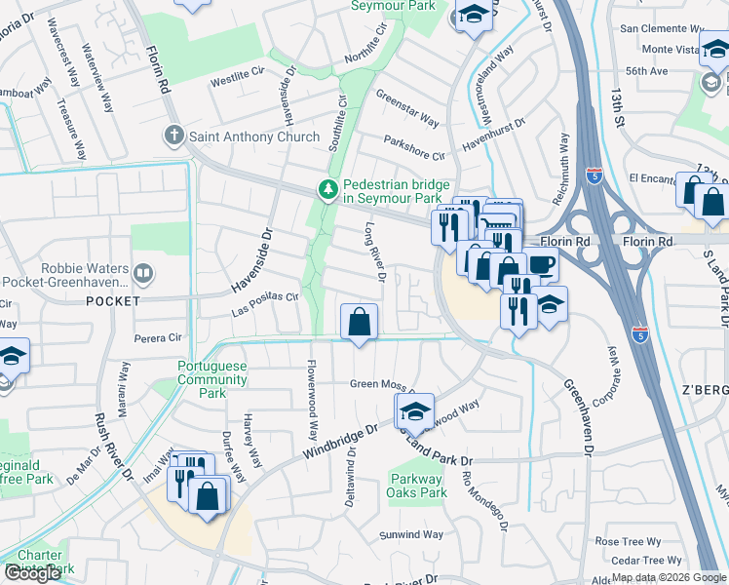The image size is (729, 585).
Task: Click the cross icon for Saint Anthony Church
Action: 174,136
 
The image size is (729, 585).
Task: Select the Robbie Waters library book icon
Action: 143,273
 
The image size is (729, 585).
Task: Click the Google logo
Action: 32,573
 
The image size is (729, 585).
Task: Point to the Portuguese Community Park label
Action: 201,379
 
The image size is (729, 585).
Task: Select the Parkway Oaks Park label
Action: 418,486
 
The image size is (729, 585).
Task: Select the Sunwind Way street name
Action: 411,534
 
